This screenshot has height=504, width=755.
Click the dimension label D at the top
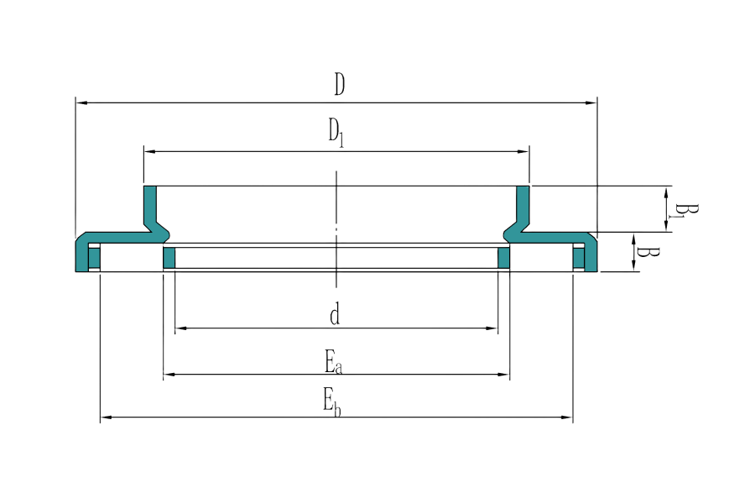point(339,85)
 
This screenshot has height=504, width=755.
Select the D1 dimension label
point(336,133)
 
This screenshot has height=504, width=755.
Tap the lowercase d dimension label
point(335,316)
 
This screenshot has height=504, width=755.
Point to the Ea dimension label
point(334,363)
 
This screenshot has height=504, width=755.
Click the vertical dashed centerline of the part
point(336,227)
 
